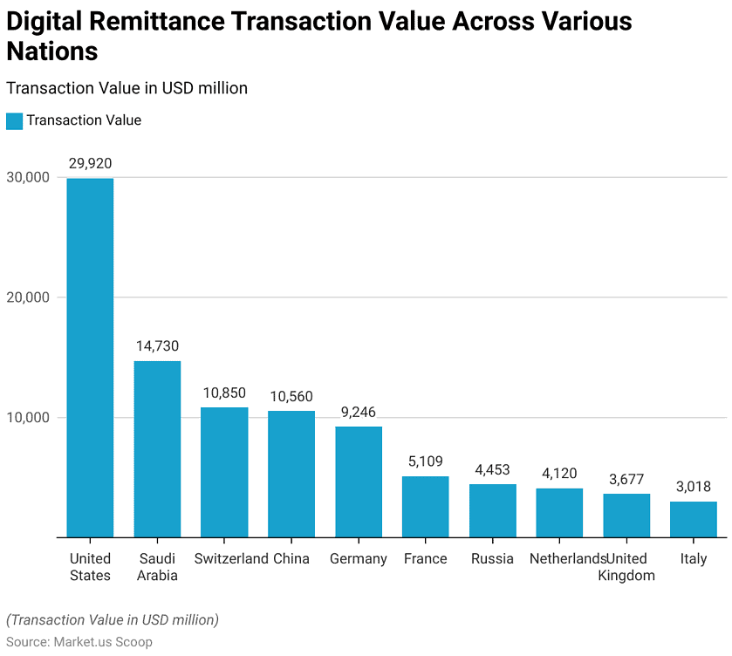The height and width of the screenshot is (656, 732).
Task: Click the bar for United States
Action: click(x=90, y=358)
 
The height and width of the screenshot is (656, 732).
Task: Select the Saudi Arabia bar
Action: click(x=157, y=449)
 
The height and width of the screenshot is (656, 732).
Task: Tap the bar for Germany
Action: click(x=359, y=482)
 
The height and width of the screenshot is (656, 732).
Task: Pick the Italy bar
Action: click(x=694, y=519)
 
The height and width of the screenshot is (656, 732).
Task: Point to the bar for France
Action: click(x=426, y=506)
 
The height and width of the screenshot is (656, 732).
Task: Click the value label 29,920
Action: click(x=90, y=163)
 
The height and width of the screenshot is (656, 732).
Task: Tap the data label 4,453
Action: click(x=493, y=469)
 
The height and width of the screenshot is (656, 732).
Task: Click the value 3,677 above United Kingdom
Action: click(x=626, y=479)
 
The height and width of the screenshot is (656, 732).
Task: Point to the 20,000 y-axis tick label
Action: click(x=28, y=297)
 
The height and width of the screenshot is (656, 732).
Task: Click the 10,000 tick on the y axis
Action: click(x=28, y=418)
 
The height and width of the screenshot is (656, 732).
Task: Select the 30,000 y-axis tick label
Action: click(x=28, y=177)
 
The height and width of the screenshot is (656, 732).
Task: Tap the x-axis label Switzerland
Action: click(x=230, y=558)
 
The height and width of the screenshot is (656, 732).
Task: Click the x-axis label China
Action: click(x=291, y=558)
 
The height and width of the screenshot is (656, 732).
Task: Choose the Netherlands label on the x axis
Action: click(x=567, y=558)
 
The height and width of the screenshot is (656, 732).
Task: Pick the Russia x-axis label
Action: click(x=492, y=558)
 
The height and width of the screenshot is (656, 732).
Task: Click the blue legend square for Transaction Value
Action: click(x=14, y=120)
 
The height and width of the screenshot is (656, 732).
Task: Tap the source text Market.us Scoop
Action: click(x=102, y=642)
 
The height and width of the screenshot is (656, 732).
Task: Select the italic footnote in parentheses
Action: click(x=113, y=620)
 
